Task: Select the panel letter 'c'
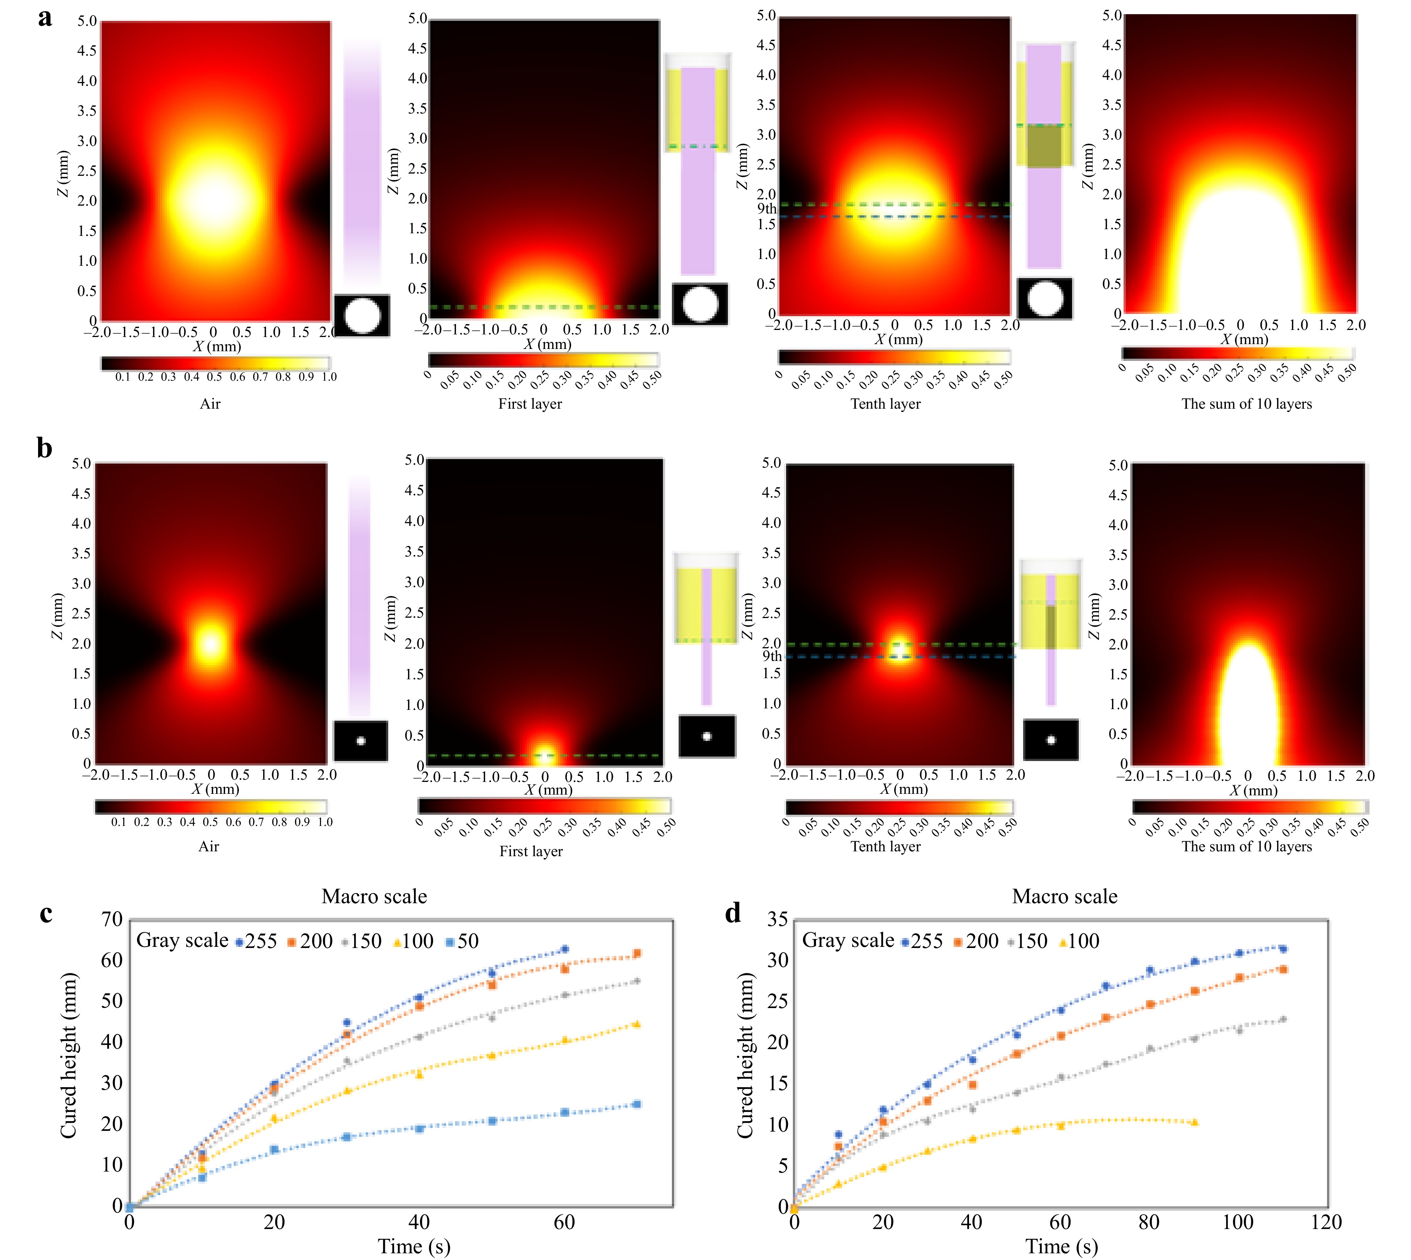coord(46,914)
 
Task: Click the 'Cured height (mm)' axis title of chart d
coord(745,1056)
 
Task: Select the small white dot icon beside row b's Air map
coord(361,741)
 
